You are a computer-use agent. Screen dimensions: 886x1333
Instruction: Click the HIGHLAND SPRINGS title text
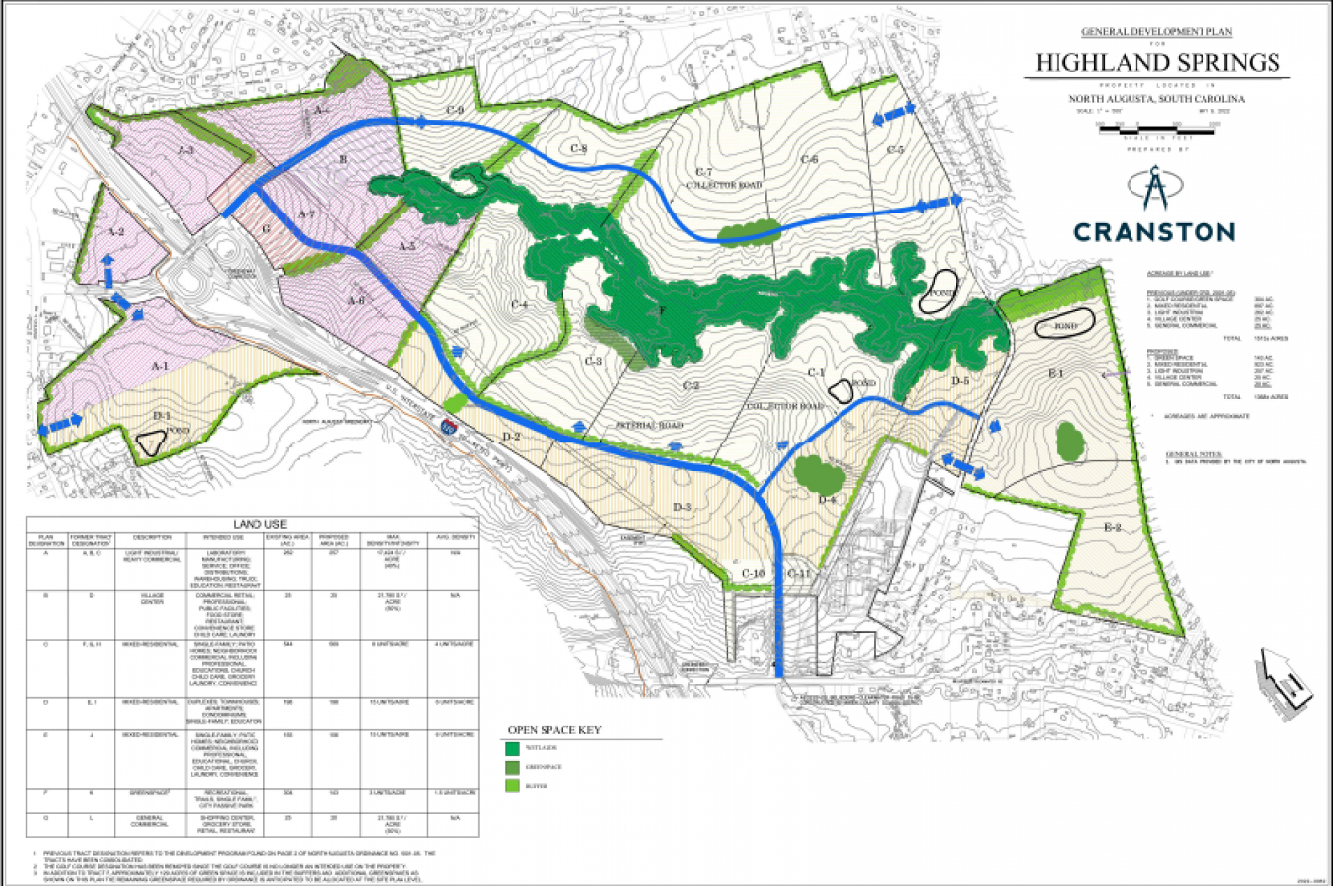[x=1157, y=62]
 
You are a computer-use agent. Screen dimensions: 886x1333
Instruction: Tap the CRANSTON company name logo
[x=1154, y=232]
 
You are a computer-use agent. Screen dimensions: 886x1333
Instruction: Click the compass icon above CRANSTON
[x=1155, y=187]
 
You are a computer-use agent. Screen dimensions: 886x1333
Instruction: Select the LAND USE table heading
[x=260, y=524]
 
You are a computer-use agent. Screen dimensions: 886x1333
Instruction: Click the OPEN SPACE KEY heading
[x=554, y=730]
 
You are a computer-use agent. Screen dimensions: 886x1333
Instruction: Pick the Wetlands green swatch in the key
[x=512, y=748]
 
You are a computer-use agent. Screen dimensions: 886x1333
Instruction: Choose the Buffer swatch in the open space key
[x=512, y=786]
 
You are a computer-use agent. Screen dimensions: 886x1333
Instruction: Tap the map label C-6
[x=810, y=160]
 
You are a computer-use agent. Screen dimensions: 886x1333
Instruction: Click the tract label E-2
[x=1113, y=528]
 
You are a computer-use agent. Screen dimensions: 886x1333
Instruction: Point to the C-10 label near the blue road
[x=753, y=573]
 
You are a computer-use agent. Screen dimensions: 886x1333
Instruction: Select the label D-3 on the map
[x=682, y=507]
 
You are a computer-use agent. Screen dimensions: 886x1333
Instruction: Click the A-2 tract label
[x=116, y=232]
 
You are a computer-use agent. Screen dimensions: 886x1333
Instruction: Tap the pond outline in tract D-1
[x=151, y=442]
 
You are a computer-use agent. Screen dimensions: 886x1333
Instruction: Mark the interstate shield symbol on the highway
[x=449, y=425]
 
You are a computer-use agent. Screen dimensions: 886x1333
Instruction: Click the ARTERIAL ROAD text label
[x=650, y=425]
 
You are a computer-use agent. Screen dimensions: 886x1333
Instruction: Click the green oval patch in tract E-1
[x=1070, y=441]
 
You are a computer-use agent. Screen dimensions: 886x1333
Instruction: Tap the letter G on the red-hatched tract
[x=267, y=228]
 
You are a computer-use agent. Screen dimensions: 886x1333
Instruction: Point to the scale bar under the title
[x=1157, y=130]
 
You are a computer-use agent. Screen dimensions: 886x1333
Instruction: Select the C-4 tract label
[x=519, y=305]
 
